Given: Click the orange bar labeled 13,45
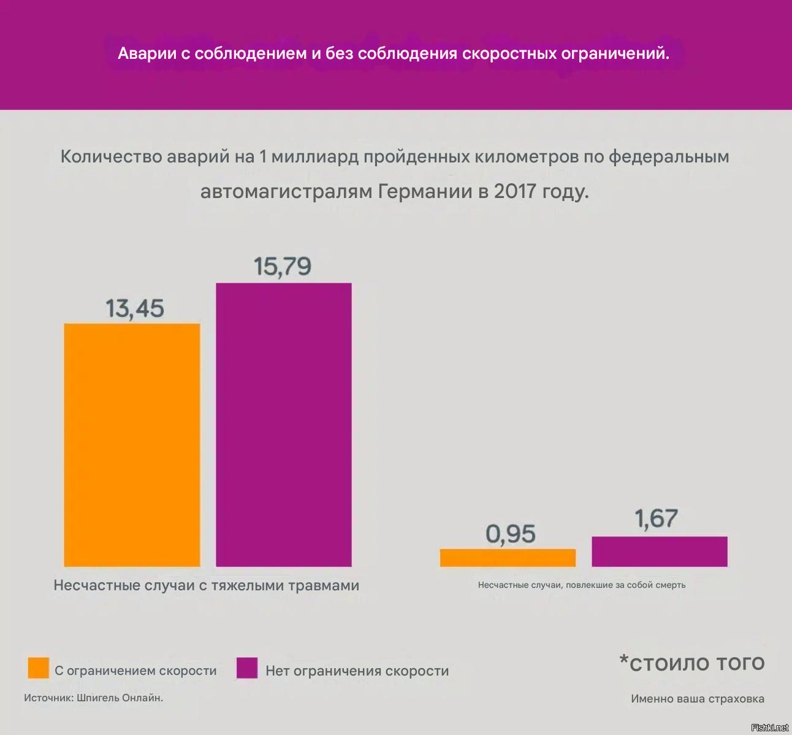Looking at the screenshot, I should [132, 444].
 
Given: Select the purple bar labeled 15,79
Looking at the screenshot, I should [284, 424].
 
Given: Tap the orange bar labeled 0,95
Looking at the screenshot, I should [508, 558].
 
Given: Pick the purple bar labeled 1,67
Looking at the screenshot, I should [660, 552].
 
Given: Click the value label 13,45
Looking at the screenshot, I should [135, 308].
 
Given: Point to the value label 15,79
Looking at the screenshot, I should [283, 267].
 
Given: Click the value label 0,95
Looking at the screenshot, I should [511, 534].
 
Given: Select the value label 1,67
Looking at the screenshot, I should [657, 519].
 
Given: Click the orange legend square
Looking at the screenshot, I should [39, 668].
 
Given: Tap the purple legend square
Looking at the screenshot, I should [246, 668].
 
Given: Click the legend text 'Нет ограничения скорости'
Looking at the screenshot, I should [357, 671].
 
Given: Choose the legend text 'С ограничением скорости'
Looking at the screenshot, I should [135, 671].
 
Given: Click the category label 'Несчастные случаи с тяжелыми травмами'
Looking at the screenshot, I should [206, 585].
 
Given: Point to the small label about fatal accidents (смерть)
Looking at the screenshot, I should [581, 585].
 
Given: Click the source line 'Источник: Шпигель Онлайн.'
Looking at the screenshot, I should [93, 698].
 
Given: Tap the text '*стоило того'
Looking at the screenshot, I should [692, 663].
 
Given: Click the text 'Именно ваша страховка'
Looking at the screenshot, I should [697, 699].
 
